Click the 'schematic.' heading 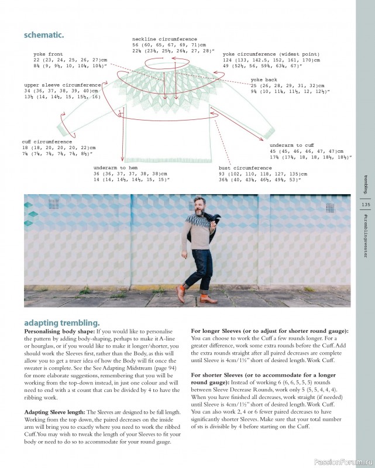click(x=44, y=35)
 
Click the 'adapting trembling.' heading click(x=61, y=322)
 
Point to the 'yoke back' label click(x=263, y=79)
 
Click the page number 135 click(x=366, y=205)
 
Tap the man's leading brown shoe click(x=208, y=300)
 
